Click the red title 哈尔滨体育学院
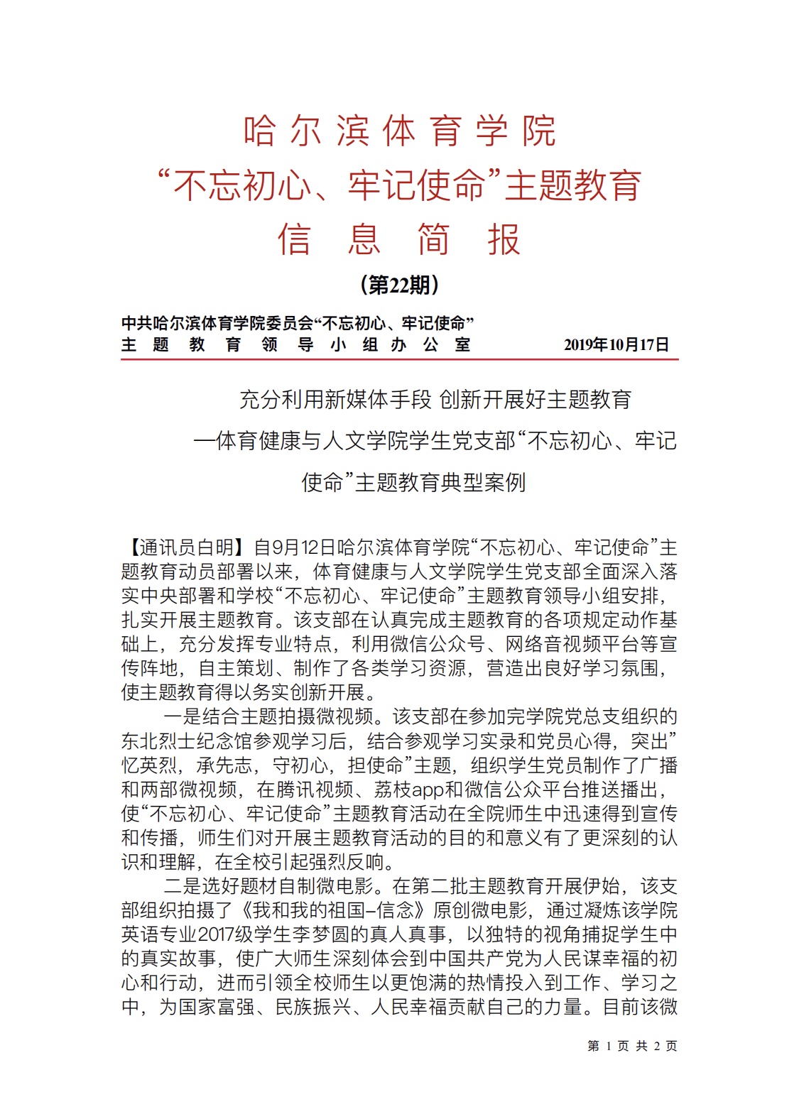tap(399, 131)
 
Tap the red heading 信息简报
tap(399, 239)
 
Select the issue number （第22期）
tap(399, 285)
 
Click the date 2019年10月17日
tap(616, 345)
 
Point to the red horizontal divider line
tap(399, 360)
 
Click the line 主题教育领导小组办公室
tap(296, 345)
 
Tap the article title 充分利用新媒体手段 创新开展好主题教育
tap(435, 400)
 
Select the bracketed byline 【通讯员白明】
tap(186, 547)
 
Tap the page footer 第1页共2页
tap(632, 1046)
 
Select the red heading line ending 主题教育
tap(399, 186)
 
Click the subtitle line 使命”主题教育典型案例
tap(413, 483)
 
